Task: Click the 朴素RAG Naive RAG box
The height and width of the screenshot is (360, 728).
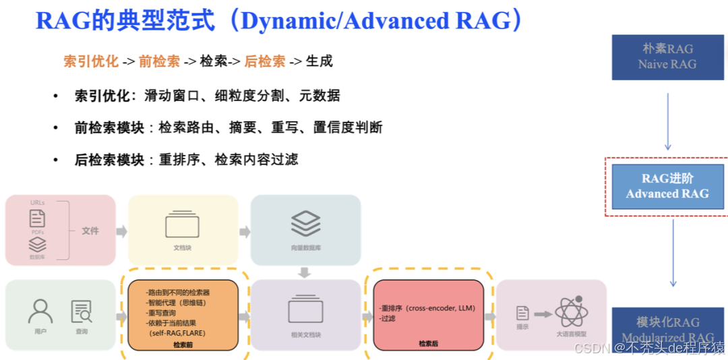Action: [x=667, y=57]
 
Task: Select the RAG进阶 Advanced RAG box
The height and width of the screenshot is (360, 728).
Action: [x=667, y=186]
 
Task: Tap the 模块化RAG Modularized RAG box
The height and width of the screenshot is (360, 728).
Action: [x=667, y=329]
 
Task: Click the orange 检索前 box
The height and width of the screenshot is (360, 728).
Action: [x=183, y=316]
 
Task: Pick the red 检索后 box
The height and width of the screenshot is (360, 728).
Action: [x=429, y=315]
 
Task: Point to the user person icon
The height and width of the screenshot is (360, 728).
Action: [x=40, y=311]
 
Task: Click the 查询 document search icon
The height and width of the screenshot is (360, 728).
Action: [x=82, y=311]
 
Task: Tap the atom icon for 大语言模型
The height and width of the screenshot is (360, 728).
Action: [x=572, y=312]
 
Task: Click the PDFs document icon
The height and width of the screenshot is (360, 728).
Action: [x=38, y=218]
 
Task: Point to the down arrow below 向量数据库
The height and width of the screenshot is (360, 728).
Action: [x=305, y=272]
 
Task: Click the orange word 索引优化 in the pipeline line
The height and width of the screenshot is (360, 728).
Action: [x=92, y=61]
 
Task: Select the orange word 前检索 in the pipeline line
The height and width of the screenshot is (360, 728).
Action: [x=159, y=61]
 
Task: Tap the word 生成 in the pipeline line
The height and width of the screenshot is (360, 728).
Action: [x=319, y=61]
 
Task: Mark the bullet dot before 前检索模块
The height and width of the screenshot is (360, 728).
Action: [x=55, y=128]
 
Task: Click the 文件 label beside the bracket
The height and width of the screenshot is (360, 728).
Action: [x=90, y=231]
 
